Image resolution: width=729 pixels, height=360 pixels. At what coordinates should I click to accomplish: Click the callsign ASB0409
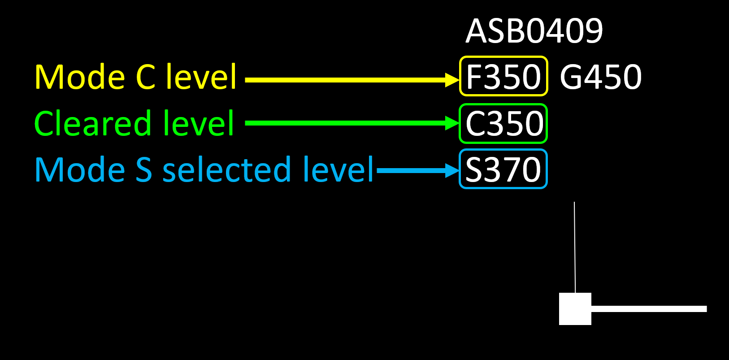(x=534, y=31)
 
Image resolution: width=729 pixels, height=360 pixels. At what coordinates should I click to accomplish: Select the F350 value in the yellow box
(x=503, y=77)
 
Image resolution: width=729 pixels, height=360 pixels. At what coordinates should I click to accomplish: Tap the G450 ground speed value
(x=601, y=77)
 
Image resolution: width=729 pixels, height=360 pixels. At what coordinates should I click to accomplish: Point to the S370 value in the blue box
(x=503, y=169)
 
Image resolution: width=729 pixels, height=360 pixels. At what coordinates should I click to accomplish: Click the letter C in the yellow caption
(x=146, y=77)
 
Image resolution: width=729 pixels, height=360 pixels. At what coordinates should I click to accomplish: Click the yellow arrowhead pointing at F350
(x=451, y=80)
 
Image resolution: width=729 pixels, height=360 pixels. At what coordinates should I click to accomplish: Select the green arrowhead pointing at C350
(x=451, y=123)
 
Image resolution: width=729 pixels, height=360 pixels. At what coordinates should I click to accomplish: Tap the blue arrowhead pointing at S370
(x=451, y=170)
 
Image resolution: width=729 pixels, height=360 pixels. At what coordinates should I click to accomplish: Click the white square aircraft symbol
(x=575, y=309)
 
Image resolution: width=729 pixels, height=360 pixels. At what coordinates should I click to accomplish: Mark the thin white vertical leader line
(x=575, y=247)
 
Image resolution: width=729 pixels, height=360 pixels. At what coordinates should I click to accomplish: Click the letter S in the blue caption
(x=144, y=170)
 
